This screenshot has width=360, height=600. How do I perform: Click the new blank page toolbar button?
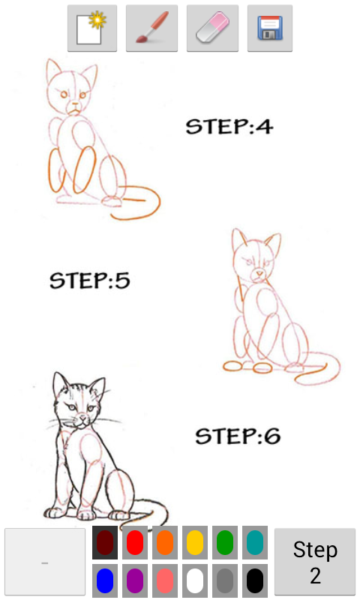coord(92,28)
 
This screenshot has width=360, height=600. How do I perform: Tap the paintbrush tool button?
coord(151,28)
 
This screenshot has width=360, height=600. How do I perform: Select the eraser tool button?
coord(212,28)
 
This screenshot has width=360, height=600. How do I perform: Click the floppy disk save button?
coord(269,28)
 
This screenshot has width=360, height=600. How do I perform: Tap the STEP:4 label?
coord(229,127)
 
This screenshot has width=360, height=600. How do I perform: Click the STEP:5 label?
coord(90,281)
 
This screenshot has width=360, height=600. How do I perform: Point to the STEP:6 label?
coord(238,436)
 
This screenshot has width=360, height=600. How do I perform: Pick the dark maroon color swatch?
coord(104,542)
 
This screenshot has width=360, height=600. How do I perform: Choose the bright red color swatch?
coord(134,542)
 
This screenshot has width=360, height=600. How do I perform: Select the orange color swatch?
coord(164,542)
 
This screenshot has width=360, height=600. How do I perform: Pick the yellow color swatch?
coord(194,542)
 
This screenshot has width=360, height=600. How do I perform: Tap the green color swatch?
coord(224,542)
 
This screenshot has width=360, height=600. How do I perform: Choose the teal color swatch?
coord(254,542)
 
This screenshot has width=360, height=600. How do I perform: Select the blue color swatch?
coord(104,580)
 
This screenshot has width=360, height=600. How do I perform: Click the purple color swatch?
coord(134,580)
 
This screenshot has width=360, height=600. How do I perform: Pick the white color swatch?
coord(194,580)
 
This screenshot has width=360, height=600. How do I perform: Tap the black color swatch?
coord(254,580)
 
